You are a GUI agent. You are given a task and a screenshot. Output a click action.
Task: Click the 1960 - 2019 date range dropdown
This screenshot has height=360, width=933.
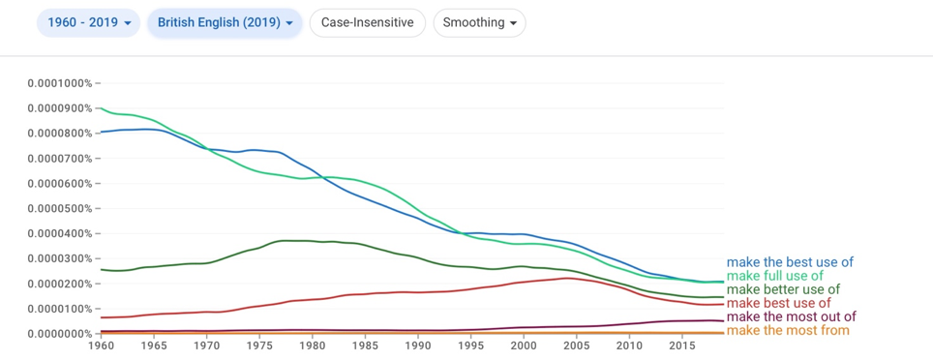[88, 23]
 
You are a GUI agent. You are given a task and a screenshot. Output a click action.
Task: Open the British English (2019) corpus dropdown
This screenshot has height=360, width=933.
[226, 23]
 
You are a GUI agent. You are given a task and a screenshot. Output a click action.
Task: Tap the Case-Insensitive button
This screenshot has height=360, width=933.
[368, 23]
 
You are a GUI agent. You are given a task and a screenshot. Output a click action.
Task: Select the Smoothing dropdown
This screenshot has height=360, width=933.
[480, 23]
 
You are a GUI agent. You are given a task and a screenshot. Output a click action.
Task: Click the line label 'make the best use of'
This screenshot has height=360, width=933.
[790, 262]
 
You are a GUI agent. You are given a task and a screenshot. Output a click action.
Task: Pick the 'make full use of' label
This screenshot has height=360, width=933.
[774, 276]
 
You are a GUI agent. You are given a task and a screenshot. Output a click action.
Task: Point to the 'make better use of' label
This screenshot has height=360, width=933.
[783, 289]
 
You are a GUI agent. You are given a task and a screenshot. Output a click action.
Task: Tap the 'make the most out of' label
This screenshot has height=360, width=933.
[792, 316]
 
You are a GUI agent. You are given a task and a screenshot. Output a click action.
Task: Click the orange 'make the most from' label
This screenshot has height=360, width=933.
[788, 330]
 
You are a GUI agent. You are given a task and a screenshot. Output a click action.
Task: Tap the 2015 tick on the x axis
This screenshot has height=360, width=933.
[682, 345]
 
